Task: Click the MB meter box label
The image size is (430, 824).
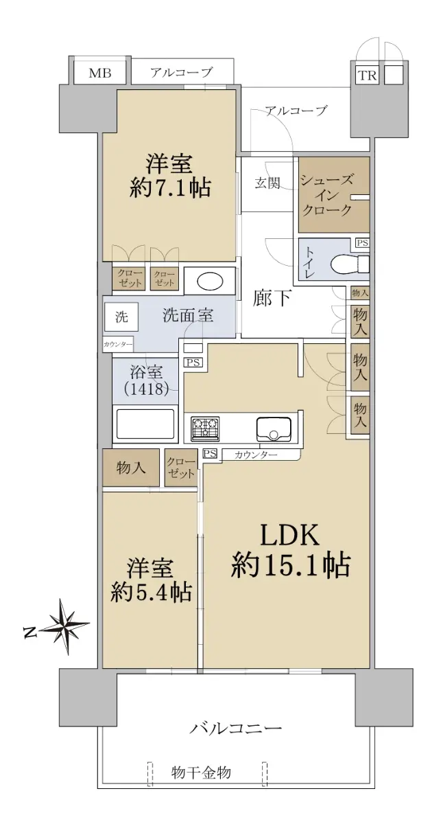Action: point(100,73)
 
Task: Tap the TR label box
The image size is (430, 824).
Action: point(367,75)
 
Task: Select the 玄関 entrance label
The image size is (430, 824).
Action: point(267,183)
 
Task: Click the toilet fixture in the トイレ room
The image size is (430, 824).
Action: point(350,264)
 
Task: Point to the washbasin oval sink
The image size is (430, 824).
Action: point(210,282)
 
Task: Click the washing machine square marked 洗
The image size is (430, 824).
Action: point(121,317)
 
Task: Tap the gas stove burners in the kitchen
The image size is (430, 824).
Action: point(205,428)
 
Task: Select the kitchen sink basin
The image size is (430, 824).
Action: point(274,428)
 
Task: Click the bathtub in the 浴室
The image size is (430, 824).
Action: point(145,424)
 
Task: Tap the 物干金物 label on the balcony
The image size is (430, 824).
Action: point(201,772)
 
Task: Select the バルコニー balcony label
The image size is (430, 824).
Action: point(236,727)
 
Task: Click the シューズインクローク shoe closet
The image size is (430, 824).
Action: point(333,195)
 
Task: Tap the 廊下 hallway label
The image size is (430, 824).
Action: point(272,298)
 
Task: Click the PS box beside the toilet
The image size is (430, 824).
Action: point(362,243)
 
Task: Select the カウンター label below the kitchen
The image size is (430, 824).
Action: point(255,455)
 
